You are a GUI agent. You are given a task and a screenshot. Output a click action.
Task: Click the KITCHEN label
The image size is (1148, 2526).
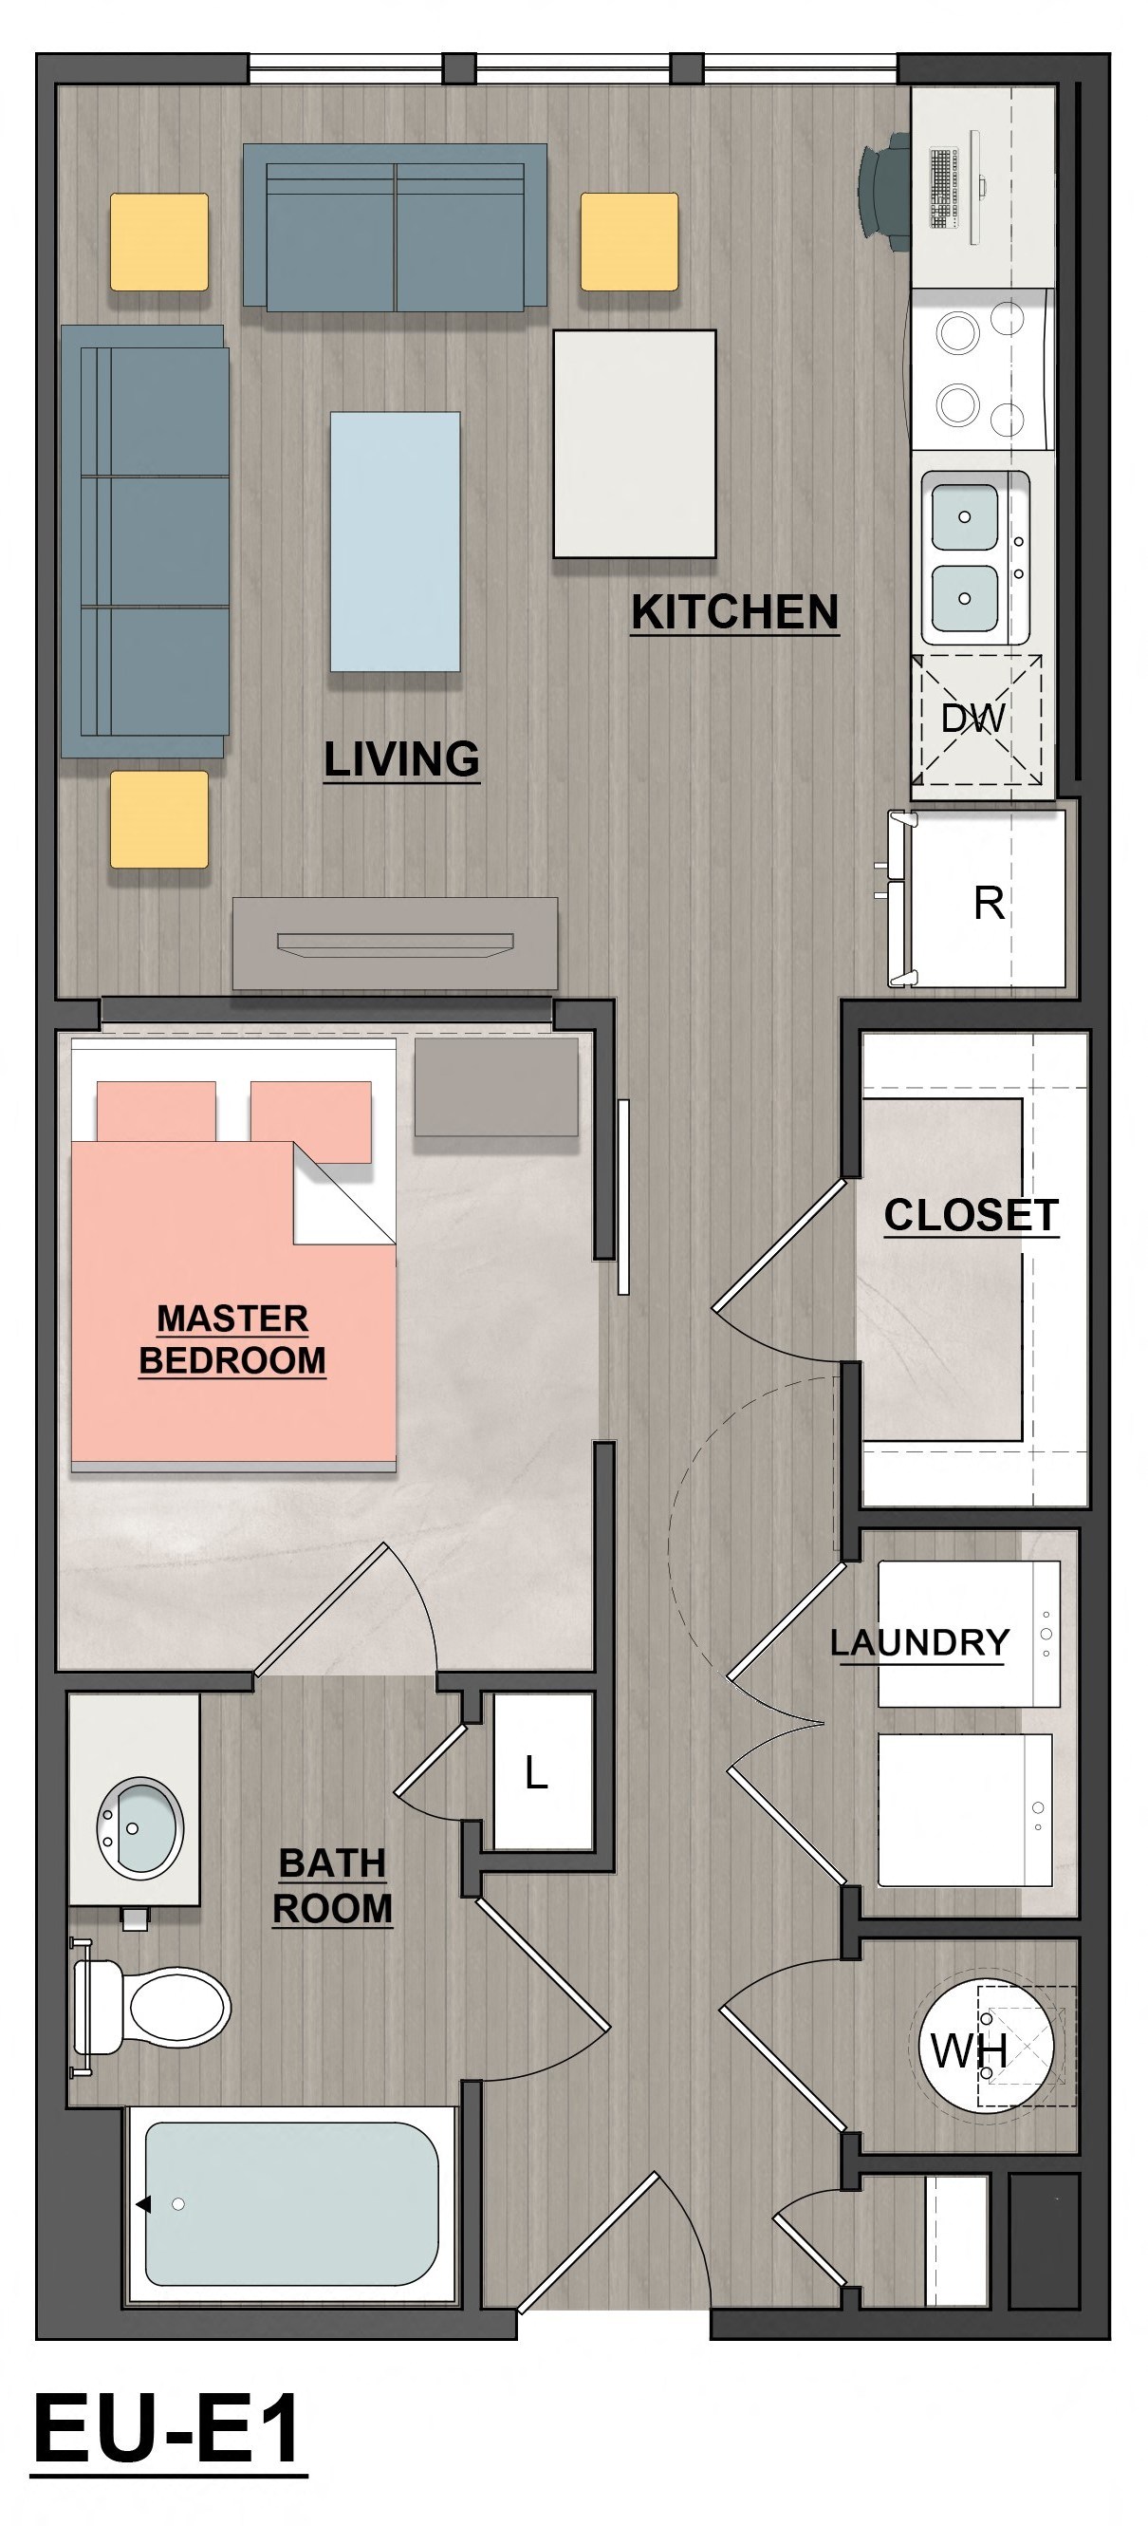tap(734, 612)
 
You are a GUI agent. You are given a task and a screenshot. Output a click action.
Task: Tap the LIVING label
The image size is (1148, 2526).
tap(401, 759)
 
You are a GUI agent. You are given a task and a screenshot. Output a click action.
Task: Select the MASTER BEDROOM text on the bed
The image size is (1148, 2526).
tap(232, 1339)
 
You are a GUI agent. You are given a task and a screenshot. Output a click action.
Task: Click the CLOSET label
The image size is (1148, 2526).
tap(971, 1215)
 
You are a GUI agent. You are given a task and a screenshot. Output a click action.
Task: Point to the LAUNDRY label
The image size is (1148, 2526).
tap(918, 1642)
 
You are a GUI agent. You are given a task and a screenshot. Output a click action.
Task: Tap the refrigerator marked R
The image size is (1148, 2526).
tap(988, 902)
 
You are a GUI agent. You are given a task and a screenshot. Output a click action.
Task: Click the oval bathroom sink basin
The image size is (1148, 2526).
tap(139, 1824)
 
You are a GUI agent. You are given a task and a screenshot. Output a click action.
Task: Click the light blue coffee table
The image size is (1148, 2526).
tap(395, 541)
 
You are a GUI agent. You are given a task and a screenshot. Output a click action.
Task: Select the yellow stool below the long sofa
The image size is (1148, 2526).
tap(158, 819)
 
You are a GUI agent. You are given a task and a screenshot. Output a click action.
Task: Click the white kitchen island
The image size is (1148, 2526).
tap(635, 444)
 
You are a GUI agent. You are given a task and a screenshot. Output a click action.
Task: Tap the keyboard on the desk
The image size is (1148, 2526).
tap(943, 187)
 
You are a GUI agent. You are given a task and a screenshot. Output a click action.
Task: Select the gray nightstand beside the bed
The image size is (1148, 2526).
tap(496, 1087)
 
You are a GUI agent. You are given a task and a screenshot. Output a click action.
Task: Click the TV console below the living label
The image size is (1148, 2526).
tap(395, 944)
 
